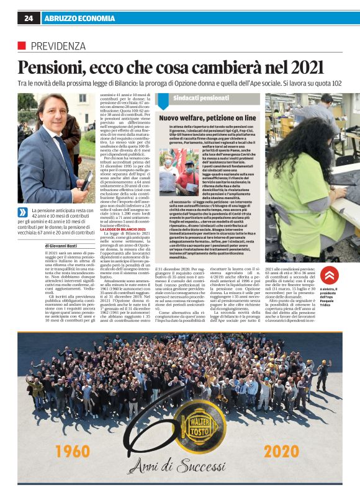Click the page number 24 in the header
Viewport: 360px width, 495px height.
[29, 19]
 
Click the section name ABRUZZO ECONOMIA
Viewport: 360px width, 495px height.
[76, 19]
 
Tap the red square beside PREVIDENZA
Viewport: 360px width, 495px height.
[22, 45]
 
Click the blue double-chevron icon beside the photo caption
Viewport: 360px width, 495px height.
[23, 212]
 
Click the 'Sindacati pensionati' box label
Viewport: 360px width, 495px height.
[192, 98]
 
